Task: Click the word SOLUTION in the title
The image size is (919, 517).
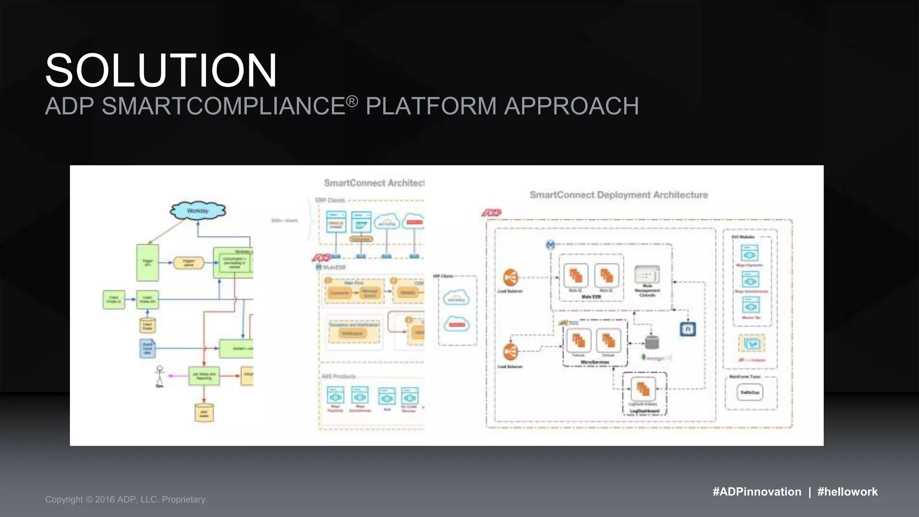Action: click(x=161, y=70)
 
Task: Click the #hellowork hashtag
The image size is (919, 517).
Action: click(x=847, y=491)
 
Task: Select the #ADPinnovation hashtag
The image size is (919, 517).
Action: click(x=757, y=491)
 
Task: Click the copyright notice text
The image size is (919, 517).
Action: click(x=126, y=499)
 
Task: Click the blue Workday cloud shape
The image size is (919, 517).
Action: click(x=197, y=210)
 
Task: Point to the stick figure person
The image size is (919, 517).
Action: click(x=159, y=375)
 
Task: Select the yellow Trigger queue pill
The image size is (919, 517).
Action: click(x=188, y=263)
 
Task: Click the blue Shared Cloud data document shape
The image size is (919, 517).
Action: click(x=147, y=348)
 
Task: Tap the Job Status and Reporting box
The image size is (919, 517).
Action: click(x=204, y=375)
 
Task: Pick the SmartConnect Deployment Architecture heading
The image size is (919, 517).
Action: click(x=618, y=195)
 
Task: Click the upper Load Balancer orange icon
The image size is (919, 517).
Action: click(x=510, y=278)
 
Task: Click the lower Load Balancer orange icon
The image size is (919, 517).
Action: click(x=510, y=352)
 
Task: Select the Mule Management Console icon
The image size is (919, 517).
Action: click(x=647, y=275)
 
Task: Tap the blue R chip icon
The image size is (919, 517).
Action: click(x=687, y=329)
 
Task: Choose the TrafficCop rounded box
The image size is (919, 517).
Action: click(x=749, y=393)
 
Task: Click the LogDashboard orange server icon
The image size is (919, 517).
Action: click(x=643, y=389)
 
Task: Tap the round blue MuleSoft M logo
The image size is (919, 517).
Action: click(x=551, y=245)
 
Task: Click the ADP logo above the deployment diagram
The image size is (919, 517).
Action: click(x=492, y=212)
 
